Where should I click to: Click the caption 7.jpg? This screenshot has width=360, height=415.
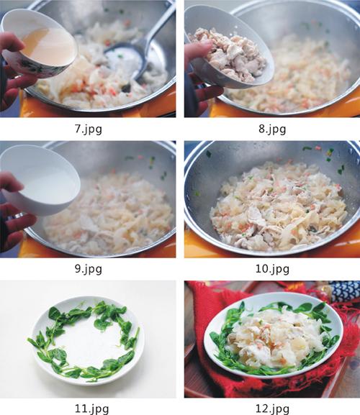pyautogui.click(x=89, y=129)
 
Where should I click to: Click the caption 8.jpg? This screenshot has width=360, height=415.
pyautogui.click(x=272, y=129)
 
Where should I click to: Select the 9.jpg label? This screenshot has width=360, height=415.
pyautogui.click(x=89, y=269)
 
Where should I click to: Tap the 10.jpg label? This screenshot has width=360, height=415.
pyautogui.click(x=272, y=269)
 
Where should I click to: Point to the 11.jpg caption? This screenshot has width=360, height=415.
pyautogui.click(x=91, y=409)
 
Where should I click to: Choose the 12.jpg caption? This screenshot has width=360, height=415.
pyautogui.click(x=272, y=409)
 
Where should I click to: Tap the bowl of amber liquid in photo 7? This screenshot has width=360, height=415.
pyautogui.click(x=39, y=44)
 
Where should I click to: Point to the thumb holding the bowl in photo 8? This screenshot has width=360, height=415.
pyautogui.click(x=199, y=49)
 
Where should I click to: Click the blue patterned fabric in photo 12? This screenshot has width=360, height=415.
pyautogui.click(x=344, y=291)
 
